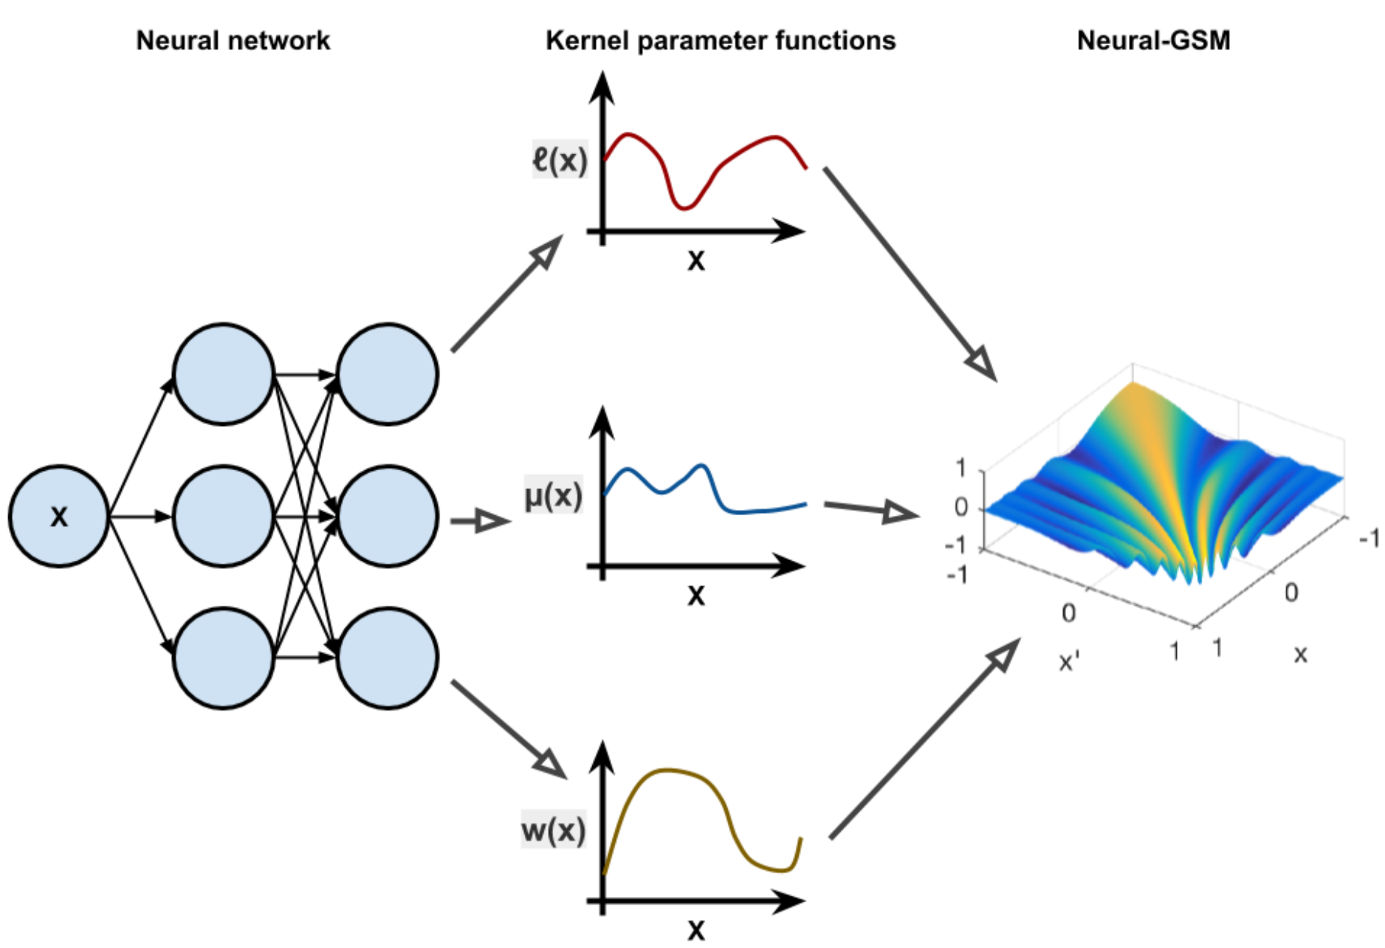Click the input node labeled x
pos(58,516)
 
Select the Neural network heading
pos(233,40)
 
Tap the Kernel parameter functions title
pos(720,40)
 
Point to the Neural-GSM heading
pos(1153,40)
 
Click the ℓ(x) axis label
pos(560,159)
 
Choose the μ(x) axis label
pos(553,495)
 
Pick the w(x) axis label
pos(553,830)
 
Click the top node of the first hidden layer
pos(223,374)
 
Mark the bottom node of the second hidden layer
pos(387,657)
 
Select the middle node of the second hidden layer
pos(387,516)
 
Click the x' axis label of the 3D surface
pos(1069,662)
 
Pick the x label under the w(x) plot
pos(696,930)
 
